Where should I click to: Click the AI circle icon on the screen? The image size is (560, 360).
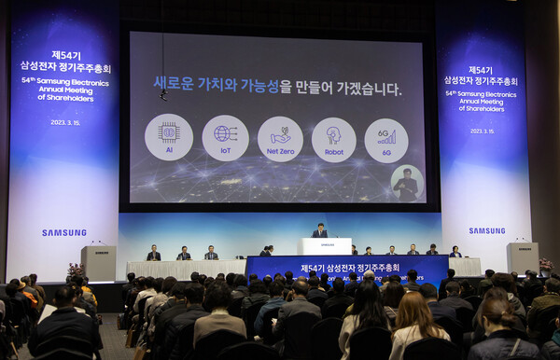pos(169,137)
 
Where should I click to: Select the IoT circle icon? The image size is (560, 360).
pos(225,138)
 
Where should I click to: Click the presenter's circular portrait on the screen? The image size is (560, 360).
pos(406,183)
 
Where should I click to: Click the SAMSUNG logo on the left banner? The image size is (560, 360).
pos(63,232)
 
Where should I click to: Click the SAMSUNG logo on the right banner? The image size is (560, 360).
pos(486,230)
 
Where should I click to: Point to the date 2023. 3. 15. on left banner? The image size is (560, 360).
pos(65,121)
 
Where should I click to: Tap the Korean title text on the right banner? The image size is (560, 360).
pos(480,76)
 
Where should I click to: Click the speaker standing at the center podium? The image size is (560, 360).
pos(319,230)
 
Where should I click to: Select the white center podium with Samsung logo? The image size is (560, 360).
pos(325,246)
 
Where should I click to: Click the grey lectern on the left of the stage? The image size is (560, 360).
pos(98,262)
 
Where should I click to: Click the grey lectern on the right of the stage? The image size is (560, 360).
pos(522,258)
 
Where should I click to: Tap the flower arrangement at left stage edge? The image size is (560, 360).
pos(75,270)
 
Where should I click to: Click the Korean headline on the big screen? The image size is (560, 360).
pos(277,88)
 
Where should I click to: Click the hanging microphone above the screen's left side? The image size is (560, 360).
pos(163,93)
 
